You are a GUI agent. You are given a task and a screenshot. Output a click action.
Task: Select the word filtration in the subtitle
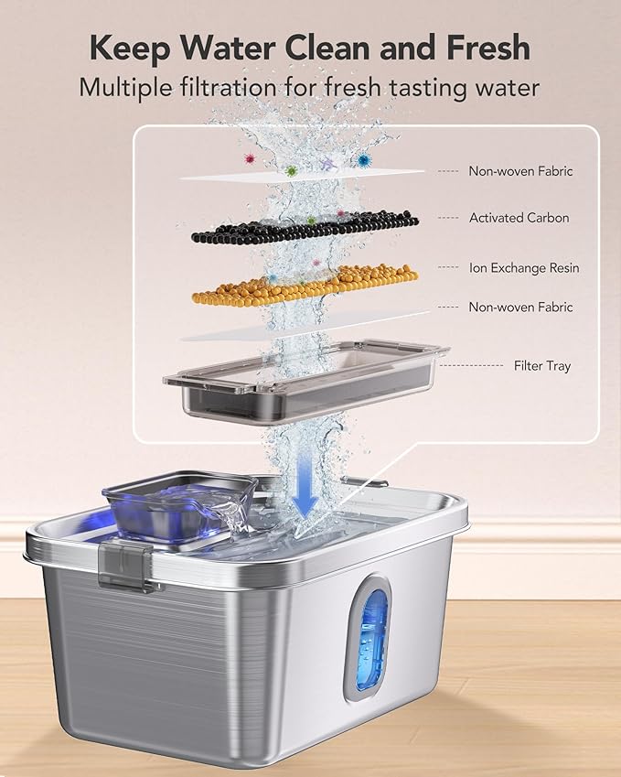[241, 88]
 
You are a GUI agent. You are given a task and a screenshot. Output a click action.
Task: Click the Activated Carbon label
[519, 218]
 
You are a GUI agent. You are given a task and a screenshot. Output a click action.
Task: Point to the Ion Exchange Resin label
[524, 268]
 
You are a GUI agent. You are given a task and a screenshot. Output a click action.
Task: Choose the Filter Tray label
[541, 365]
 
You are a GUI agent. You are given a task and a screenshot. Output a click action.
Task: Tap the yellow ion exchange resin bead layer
[305, 283]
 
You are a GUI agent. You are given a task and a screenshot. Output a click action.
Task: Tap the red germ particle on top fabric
[246, 158]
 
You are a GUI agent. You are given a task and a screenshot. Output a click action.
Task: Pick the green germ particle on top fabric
[291, 170]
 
